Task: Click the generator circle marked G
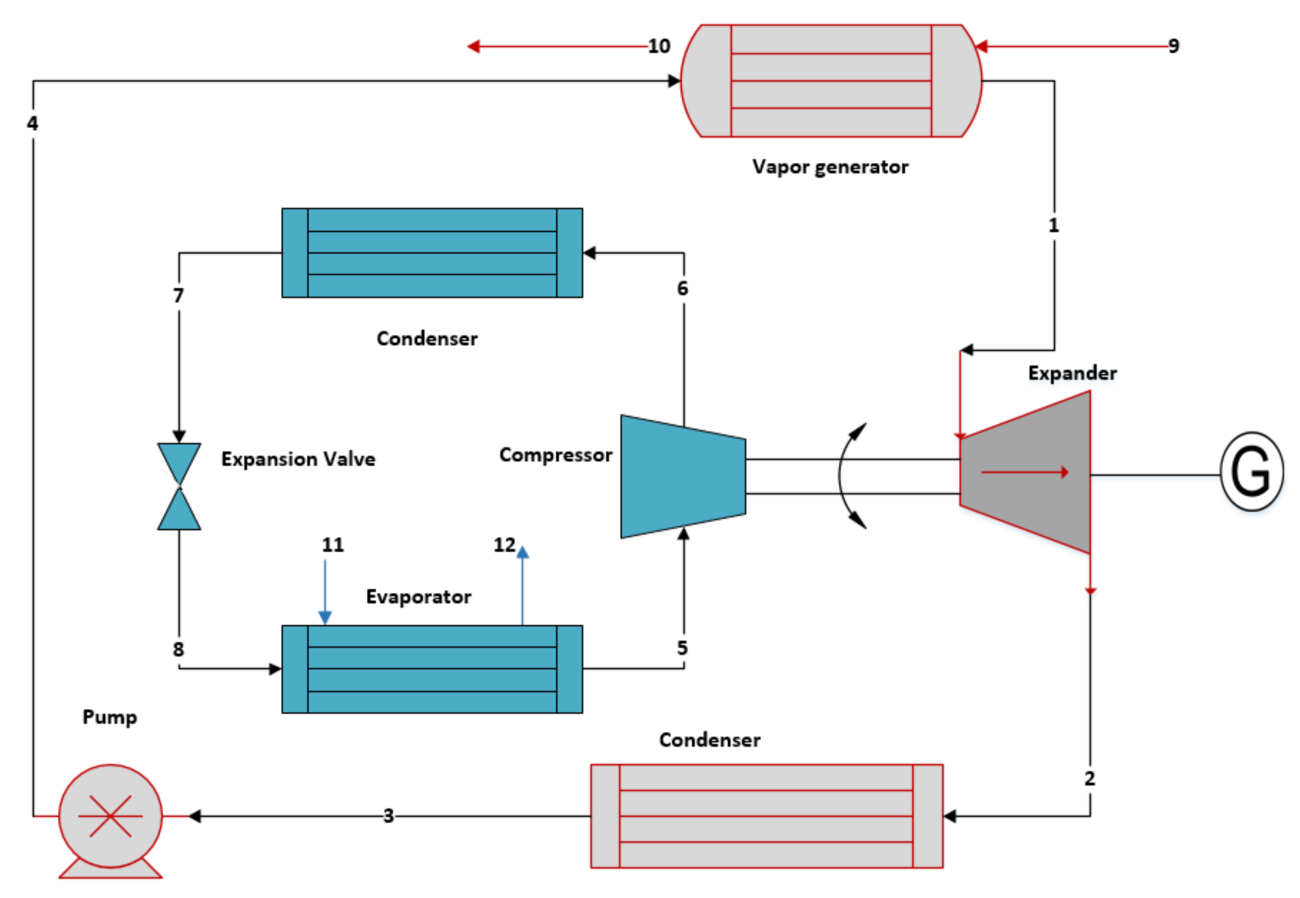(x=1251, y=472)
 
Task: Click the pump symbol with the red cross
(x=110, y=815)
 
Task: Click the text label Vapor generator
(x=830, y=167)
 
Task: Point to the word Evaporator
(x=418, y=597)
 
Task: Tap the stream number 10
(x=659, y=46)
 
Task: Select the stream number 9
(x=1174, y=46)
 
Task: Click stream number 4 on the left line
(x=33, y=123)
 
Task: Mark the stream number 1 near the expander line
(x=1053, y=226)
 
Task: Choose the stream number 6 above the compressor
(x=682, y=289)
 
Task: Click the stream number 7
(x=178, y=295)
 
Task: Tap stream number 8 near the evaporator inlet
(x=178, y=649)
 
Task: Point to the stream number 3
(x=388, y=816)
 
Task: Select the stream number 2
(x=1089, y=779)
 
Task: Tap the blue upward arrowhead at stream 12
(x=523, y=552)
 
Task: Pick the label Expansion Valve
(x=298, y=459)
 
